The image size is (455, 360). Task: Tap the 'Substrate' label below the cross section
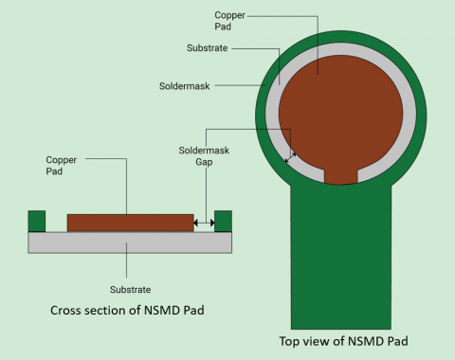(131, 289)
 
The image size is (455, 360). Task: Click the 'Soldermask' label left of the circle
(182, 84)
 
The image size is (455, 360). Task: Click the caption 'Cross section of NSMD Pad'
(130, 310)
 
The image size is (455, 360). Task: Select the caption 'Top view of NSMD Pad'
(343, 342)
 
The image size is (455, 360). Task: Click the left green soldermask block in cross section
(38, 220)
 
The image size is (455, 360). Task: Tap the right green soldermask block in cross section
(224, 220)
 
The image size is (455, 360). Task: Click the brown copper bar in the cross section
(130, 223)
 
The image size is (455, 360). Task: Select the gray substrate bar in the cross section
(130, 243)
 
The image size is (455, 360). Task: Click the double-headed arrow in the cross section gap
(204, 224)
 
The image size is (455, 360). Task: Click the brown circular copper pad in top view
(341, 104)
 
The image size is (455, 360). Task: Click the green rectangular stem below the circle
(341, 256)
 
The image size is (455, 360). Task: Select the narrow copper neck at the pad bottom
(341, 175)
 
